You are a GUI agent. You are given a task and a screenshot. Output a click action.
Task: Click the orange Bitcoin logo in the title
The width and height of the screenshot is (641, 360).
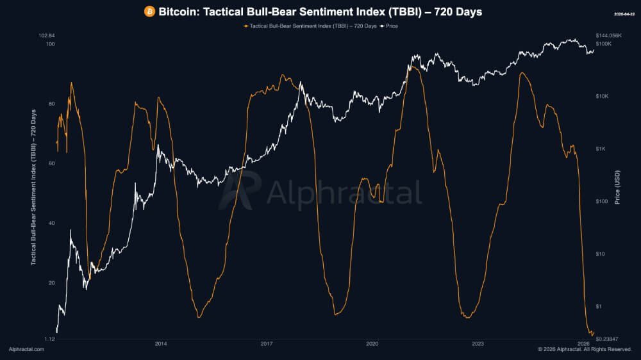(149, 12)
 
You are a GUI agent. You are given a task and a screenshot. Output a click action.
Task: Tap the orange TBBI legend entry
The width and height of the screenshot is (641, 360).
(310, 26)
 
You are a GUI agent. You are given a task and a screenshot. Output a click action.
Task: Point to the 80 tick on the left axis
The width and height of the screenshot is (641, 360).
(51, 104)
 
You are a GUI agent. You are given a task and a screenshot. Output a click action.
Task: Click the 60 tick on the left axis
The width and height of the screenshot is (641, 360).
(51, 163)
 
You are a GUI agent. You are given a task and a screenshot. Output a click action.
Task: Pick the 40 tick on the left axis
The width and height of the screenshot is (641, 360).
(51, 223)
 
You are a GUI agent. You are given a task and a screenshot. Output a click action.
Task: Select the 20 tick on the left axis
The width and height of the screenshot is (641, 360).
(51, 282)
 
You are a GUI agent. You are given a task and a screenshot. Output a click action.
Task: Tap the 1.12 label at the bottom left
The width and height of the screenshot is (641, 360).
(49, 338)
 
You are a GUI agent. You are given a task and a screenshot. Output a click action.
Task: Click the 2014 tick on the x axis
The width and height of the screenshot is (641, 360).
(161, 344)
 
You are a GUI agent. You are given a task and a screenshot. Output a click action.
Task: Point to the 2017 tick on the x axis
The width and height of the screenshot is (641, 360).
(267, 344)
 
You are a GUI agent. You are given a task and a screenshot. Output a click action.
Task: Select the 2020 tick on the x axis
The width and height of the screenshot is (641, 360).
(372, 344)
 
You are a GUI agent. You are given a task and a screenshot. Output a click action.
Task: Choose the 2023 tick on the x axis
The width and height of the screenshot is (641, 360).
(478, 344)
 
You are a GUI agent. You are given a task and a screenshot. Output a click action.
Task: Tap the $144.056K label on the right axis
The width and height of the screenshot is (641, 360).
(609, 35)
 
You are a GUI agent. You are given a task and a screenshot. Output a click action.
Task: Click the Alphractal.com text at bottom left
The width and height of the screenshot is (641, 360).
(26, 349)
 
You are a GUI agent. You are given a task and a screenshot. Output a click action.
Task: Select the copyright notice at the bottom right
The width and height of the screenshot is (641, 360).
(585, 349)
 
